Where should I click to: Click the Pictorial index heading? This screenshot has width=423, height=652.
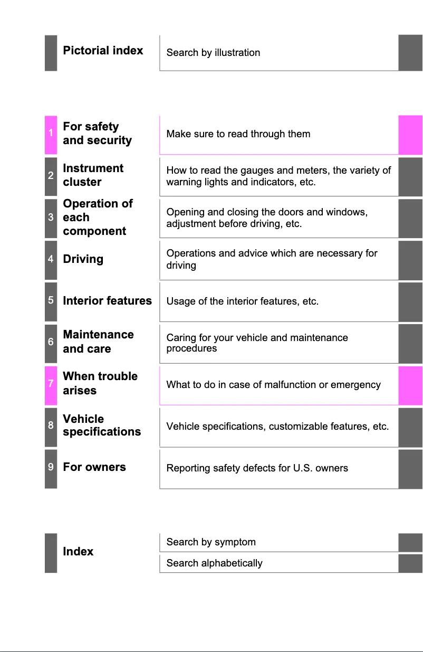[x=103, y=51]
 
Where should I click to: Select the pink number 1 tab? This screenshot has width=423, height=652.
[x=51, y=134]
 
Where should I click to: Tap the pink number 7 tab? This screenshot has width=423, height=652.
[x=51, y=384]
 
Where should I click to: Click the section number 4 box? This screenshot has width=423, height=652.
[x=51, y=259]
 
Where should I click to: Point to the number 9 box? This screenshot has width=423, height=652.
[x=51, y=467]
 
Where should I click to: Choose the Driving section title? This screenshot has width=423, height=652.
[x=83, y=259]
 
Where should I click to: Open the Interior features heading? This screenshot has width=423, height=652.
[x=107, y=301]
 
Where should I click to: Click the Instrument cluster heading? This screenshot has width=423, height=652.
[x=93, y=175]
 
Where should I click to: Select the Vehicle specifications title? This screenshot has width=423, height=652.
[x=102, y=426]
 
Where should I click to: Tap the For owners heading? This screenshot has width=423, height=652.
[x=94, y=467]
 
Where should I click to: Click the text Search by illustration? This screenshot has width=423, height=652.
[x=213, y=53]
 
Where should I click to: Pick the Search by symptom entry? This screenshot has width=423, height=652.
[x=211, y=542]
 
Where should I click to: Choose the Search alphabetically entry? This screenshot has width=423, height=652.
[x=214, y=563]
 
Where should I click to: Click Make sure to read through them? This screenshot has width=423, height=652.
[x=238, y=134]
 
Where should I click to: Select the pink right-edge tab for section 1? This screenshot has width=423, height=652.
[x=410, y=135]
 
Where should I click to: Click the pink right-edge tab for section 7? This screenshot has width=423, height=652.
[x=410, y=385]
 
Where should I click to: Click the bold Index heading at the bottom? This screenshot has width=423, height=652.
[x=78, y=552]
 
